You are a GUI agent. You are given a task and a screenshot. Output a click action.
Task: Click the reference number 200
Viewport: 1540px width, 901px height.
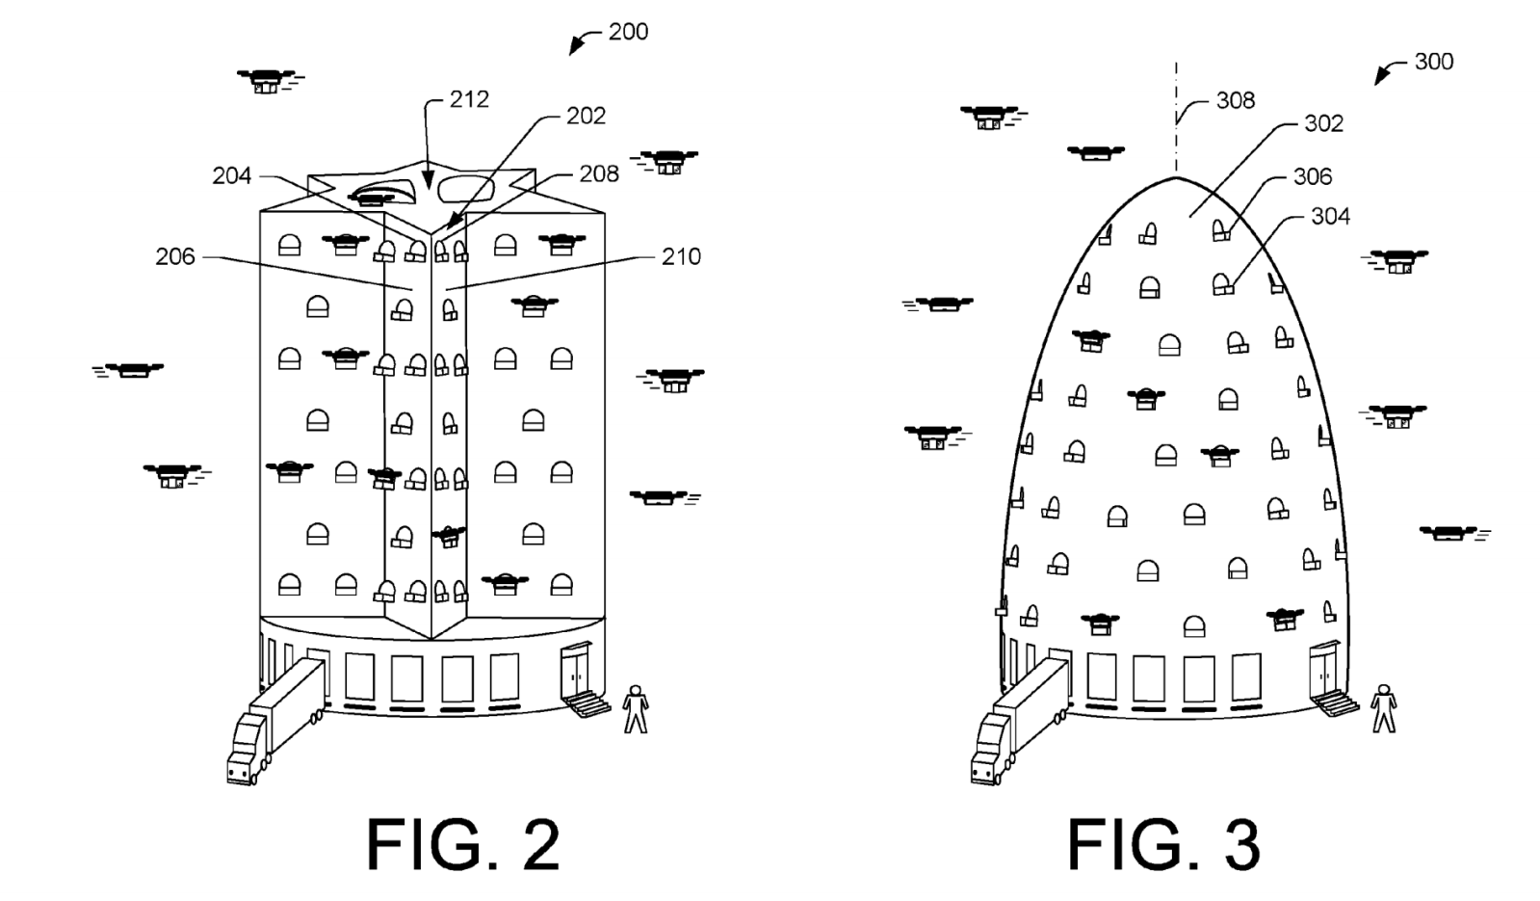click(x=628, y=32)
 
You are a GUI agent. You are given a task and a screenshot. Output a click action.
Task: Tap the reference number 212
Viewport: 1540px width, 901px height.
click(x=469, y=99)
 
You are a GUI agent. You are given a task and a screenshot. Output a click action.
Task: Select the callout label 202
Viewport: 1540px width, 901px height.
click(x=586, y=116)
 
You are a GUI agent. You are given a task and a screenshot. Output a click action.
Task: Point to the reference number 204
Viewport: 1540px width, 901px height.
click(x=231, y=175)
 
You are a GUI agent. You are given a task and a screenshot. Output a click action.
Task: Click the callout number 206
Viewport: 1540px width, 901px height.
click(x=174, y=256)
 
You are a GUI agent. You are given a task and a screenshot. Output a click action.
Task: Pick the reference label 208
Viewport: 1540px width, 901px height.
click(x=599, y=173)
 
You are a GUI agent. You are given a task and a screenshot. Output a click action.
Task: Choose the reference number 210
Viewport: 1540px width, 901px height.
click(x=681, y=256)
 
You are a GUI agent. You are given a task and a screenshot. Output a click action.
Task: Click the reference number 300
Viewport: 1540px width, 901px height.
click(x=1433, y=62)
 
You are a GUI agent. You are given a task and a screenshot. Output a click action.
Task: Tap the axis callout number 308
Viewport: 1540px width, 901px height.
click(x=1236, y=100)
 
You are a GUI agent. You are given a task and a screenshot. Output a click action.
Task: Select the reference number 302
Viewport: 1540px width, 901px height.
click(x=1323, y=123)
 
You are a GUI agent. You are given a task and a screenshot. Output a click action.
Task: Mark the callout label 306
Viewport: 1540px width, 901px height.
click(x=1313, y=176)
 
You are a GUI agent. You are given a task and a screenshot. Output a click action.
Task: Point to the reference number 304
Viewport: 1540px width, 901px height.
click(x=1330, y=217)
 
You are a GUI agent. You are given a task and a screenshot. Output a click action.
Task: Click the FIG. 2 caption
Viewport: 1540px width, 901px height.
click(x=462, y=845)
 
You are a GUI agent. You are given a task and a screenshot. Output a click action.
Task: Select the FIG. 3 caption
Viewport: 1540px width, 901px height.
click(x=1162, y=845)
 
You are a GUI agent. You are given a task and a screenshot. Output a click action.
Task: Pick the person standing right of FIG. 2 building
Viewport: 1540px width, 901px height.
click(x=635, y=709)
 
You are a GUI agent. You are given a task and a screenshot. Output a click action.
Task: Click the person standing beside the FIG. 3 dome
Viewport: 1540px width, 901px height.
click(x=1384, y=709)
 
